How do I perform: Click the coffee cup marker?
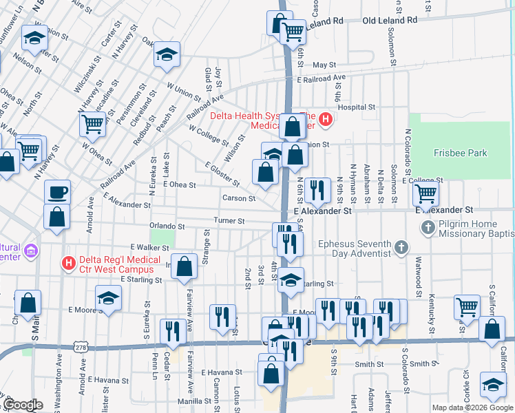pyautogui.click(x=57, y=192)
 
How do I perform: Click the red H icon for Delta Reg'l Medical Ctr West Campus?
pyautogui.click(x=67, y=262)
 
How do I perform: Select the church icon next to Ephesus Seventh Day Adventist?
pyautogui.click(x=402, y=246)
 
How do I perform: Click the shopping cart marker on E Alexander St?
pyautogui.click(x=426, y=195)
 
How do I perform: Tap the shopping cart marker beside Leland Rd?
pyautogui.click(x=293, y=31)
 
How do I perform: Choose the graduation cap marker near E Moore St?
pyautogui.click(x=108, y=298)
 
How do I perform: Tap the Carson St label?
pyautogui.click(x=239, y=198)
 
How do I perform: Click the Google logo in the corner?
pyautogui.click(x=23, y=405)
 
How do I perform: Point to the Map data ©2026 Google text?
pyautogui.click(x=472, y=407)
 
